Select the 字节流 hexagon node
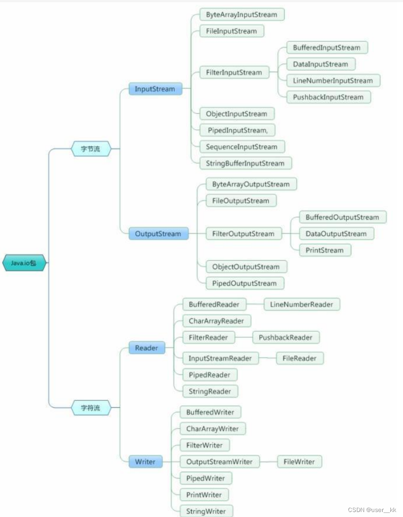click(91, 148)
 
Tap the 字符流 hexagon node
click(90, 408)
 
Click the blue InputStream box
click(155, 89)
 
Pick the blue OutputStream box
click(157, 234)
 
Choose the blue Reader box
click(146, 348)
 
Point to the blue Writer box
click(145, 462)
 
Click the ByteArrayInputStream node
click(241, 15)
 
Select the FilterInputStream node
click(234, 73)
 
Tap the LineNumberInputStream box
click(333, 81)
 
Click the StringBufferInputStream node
click(245, 163)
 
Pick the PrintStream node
click(324, 250)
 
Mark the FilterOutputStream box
click(243, 234)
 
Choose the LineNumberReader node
click(301, 305)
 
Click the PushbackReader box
click(285, 338)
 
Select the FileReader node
click(299, 358)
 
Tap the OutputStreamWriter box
click(219, 462)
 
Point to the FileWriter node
click(299, 462)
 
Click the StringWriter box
click(206, 511)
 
